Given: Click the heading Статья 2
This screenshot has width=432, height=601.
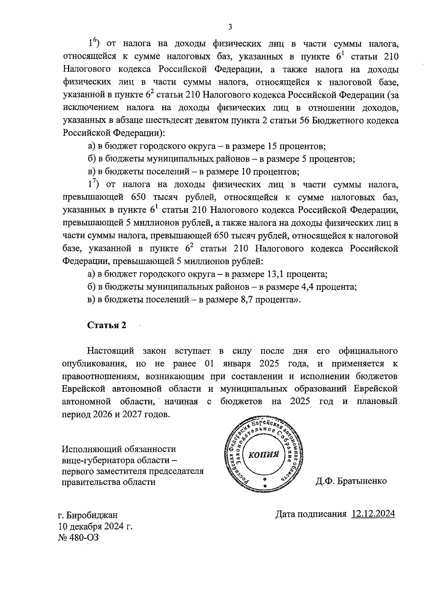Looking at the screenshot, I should pyautogui.click(x=107, y=325).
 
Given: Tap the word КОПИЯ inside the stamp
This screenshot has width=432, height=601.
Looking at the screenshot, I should pyautogui.click(x=264, y=454).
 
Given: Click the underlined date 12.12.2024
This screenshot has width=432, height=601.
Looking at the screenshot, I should pyautogui.click(x=373, y=513).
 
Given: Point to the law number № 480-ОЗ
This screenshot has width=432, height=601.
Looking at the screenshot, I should pyautogui.click(x=78, y=537).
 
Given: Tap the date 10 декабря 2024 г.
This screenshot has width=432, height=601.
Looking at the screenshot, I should pyautogui.click(x=95, y=526).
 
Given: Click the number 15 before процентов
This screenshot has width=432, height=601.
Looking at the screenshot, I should pyautogui.click(x=272, y=146).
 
